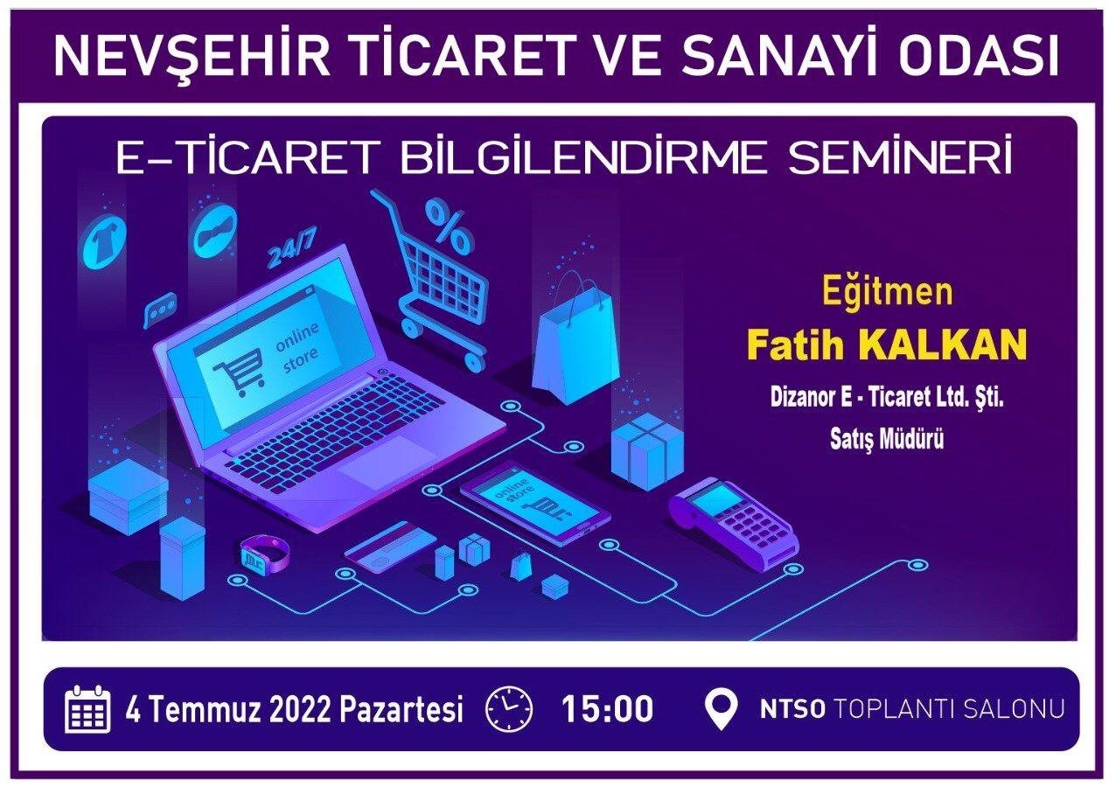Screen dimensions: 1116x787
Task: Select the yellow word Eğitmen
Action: coord(888,291)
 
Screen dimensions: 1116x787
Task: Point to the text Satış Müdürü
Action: coord(887,439)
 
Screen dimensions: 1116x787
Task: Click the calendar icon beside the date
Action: coord(87,709)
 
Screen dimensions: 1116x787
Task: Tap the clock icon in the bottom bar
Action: coord(509,709)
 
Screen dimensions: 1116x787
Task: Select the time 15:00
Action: coord(607,709)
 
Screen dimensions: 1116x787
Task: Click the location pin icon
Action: coord(721,710)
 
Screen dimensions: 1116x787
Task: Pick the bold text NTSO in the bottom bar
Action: coord(792,710)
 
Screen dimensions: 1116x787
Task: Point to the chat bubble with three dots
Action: coord(160,309)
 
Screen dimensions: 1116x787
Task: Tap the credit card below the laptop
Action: coord(391,547)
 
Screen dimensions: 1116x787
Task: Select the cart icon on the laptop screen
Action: coord(238,371)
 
